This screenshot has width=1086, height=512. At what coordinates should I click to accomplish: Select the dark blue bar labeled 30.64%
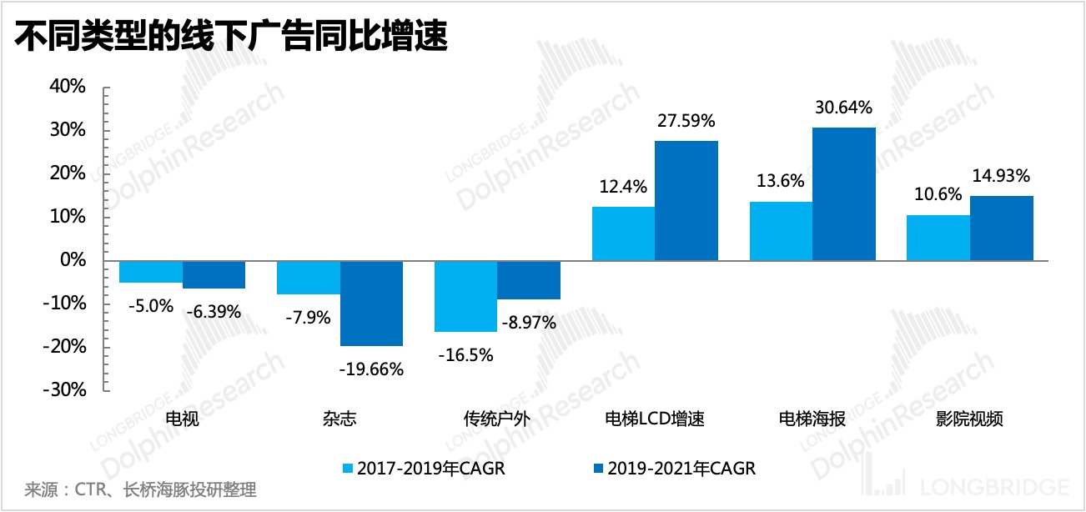coord(843,193)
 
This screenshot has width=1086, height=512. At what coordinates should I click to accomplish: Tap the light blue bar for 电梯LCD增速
coord(623,233)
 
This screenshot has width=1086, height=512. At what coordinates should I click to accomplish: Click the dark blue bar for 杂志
coord(371,303)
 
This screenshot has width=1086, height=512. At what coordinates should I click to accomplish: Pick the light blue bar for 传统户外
coord(465,296)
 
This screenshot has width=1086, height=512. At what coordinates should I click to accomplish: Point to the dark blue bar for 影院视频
coord(1001,228)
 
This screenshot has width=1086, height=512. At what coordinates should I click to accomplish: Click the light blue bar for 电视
coord(151,271)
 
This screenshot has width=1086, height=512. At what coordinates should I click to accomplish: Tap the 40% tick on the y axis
coord(68,87)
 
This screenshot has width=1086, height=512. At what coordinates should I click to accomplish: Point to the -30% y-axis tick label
coord(65,390)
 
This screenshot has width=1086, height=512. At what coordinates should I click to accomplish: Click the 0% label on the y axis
coord(74,260)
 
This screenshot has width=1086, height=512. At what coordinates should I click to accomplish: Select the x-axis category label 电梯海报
coord(812,419)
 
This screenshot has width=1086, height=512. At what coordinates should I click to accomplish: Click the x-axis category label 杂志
coord(339,419)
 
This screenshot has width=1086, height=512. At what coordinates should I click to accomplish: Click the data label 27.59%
coord(686,120)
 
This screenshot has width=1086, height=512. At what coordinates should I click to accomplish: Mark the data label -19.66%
coord(372,368)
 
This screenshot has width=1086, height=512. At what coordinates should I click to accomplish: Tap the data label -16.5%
coord(465,354)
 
